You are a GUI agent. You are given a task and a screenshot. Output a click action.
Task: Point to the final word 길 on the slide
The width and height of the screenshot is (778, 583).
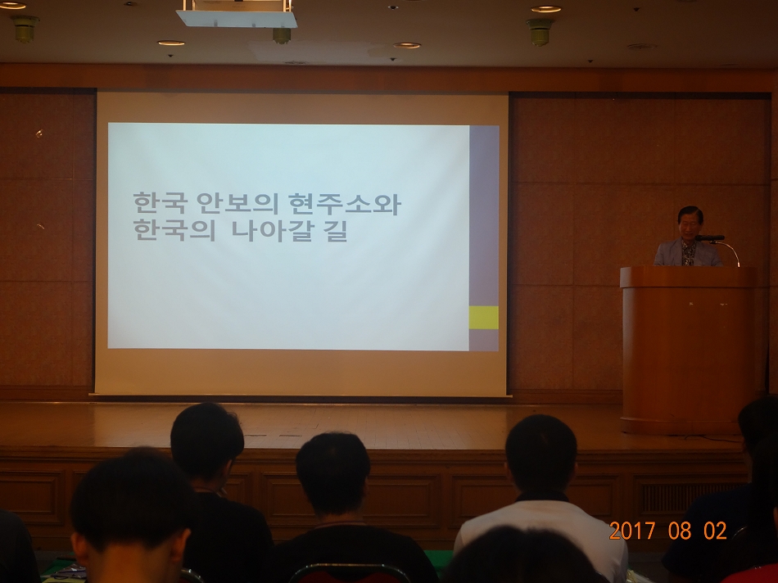[336, 230]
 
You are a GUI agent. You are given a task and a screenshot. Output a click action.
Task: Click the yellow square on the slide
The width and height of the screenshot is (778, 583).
[484, 318]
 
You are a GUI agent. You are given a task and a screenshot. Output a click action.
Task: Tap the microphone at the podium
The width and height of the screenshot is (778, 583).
[709, 238]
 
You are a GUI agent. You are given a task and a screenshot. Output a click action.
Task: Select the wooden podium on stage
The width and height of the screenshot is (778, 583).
[688, 350]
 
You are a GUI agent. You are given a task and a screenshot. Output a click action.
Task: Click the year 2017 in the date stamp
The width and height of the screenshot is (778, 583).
[633, 531]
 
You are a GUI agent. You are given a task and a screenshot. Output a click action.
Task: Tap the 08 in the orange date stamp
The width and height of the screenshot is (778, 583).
[679, 531]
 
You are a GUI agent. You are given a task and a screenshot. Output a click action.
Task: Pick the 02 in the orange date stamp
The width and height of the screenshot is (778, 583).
[715, 531]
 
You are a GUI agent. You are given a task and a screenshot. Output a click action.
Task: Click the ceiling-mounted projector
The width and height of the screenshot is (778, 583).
[237, 15]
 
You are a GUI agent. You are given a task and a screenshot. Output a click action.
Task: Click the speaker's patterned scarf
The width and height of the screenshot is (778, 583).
[688, 253]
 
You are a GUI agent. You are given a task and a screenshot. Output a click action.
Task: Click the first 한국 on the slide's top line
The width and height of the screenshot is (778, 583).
[160, 203]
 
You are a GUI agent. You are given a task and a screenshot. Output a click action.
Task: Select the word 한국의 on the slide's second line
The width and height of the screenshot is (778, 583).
[174, 230]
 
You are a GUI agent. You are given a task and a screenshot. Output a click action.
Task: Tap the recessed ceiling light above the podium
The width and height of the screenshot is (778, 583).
[545, 9]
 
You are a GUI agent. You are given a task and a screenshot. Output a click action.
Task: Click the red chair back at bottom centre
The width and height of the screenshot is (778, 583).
[350, 575]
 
